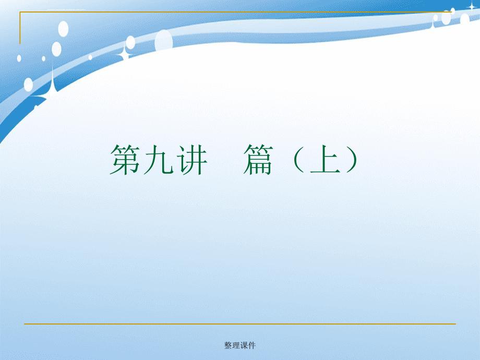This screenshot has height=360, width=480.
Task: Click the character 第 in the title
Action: [125, 160]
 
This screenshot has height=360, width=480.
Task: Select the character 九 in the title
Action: [158, 160]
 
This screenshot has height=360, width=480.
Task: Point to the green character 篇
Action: [258, 160]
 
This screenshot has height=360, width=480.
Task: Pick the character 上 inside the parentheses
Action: [325, 159]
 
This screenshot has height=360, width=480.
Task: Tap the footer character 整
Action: [228, 345]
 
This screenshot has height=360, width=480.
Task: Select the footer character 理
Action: [236, 345]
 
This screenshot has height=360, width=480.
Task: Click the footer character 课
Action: [244, 345]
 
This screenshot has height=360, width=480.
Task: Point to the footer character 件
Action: [251, 345]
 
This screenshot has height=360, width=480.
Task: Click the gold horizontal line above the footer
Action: [240, 323]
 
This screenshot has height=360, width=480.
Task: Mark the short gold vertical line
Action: [20, 28]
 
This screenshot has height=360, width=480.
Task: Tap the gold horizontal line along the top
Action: [236, 12]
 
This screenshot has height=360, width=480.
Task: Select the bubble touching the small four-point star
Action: [130, 42]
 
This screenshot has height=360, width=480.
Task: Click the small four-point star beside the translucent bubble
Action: [125, 53]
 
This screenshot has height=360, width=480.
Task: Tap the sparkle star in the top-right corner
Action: [472, 6]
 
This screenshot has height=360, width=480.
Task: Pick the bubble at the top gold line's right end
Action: [453, 11]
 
